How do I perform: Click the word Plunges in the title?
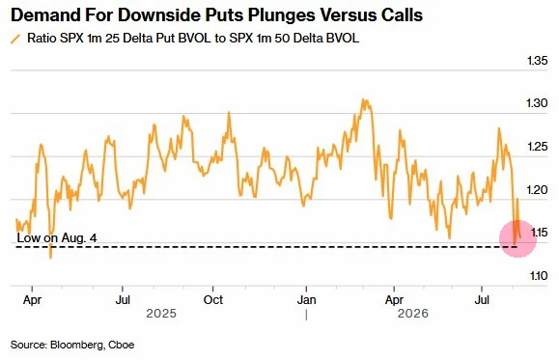point(281,15)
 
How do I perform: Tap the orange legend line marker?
point(15,39)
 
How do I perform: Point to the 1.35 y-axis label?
point(537,61)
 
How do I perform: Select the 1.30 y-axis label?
point(537,103)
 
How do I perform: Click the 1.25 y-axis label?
point(537,147)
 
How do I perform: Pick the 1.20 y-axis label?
point(537,189)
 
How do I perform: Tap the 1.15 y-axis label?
point(540,233)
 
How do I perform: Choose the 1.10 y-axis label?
point(539,276)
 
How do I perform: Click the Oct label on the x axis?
point(213,300)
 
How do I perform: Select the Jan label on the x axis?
point(307,300)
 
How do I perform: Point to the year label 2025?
point(161,314)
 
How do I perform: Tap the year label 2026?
point(413,314)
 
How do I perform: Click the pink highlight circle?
point(517,238)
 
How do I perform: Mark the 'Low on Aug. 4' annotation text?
point(57,237)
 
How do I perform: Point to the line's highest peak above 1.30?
point(363,99)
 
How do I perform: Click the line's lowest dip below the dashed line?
point(50,258)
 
